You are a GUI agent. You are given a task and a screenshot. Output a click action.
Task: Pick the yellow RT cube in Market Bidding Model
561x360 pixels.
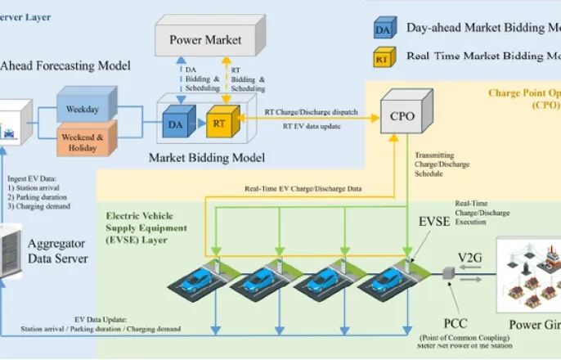221,121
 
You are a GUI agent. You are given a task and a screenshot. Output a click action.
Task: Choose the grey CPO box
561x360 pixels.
403,115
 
